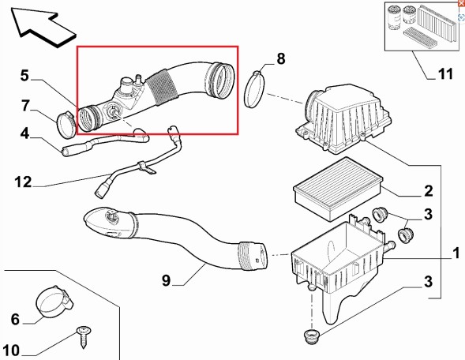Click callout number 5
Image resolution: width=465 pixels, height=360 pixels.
pos(25,75)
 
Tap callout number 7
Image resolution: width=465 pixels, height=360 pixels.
pos(25,106)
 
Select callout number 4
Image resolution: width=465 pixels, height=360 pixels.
pos(25,133)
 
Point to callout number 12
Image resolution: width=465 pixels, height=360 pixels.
pos(23,182)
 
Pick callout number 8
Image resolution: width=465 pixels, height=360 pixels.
pos(281,58)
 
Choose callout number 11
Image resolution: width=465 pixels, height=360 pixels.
pos(445,73)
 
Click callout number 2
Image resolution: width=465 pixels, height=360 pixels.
pos(429,191)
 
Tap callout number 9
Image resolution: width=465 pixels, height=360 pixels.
pos(166,280)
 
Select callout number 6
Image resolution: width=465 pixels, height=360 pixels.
pos(15,320)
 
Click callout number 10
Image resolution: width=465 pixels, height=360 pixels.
pos(11,351)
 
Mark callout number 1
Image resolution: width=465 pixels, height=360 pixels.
pos(456,254)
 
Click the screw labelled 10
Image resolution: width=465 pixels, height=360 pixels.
pos(84,337)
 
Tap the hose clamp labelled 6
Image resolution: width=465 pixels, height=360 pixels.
pos(54,302)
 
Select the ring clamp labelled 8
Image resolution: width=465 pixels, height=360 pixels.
pos(254,89)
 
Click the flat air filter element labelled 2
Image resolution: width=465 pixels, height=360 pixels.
pos(338,189)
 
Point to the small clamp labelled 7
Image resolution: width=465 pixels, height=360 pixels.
pos(66,125)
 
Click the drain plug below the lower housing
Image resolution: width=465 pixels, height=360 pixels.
pos(310,336)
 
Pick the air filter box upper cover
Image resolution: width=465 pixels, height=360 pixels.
pos(343,119)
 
